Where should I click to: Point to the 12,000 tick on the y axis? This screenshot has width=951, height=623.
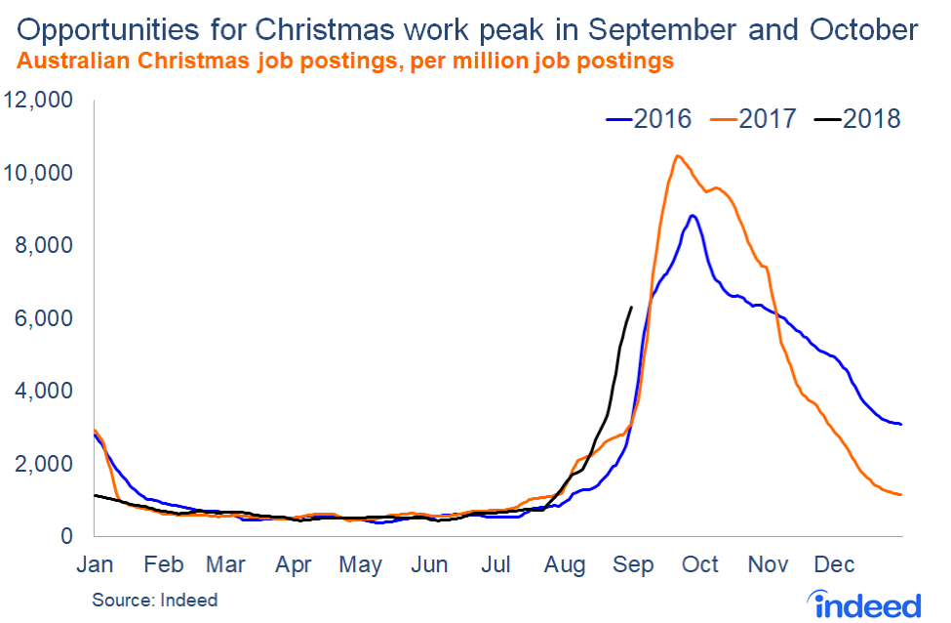[x=41, y=101]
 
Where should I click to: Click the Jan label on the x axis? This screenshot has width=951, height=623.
[x=95, y=564]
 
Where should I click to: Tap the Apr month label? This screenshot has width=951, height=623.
[x=294, y=564]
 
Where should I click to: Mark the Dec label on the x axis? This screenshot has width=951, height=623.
[x=835, y=564]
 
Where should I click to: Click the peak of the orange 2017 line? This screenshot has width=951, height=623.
[x=677, y=156]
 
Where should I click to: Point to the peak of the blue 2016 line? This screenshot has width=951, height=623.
[x=692, y=216]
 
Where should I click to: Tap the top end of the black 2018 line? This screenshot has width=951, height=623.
[x=632, y=308]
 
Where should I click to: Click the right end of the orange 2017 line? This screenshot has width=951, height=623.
[x=900, y=494]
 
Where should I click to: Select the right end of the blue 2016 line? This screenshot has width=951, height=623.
[x=900, y=424]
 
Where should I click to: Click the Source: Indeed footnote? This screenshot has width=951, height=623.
[x=155, y=600]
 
